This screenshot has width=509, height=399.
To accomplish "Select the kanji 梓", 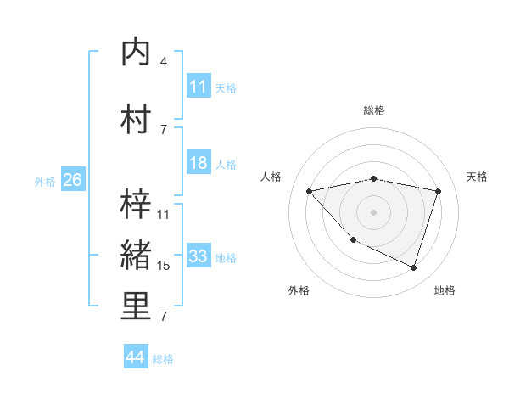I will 137,203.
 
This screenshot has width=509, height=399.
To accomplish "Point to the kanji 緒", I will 137,256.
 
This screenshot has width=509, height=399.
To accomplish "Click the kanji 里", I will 137,306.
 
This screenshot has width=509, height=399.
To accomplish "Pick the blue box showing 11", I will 198,87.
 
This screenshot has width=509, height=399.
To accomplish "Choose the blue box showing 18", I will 198,163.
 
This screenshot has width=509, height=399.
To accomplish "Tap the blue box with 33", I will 198,256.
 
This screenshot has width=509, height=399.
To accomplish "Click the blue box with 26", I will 72,180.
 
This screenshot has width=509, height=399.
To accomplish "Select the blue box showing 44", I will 135,358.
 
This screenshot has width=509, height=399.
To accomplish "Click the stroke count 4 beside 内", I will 164,62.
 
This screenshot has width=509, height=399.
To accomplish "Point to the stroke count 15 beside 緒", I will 164,266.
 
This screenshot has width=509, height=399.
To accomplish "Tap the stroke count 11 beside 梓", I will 164,214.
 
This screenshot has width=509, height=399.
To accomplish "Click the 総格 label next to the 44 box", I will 163,359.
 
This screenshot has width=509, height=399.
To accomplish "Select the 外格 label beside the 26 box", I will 44,181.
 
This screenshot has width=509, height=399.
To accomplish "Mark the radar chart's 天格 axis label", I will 478,177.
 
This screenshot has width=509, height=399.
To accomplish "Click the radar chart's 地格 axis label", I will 445,290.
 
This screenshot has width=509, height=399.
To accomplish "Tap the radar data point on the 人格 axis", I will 309,191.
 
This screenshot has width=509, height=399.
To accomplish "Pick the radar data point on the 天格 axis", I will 438,191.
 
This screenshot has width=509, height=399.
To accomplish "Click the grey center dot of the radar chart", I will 373,211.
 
